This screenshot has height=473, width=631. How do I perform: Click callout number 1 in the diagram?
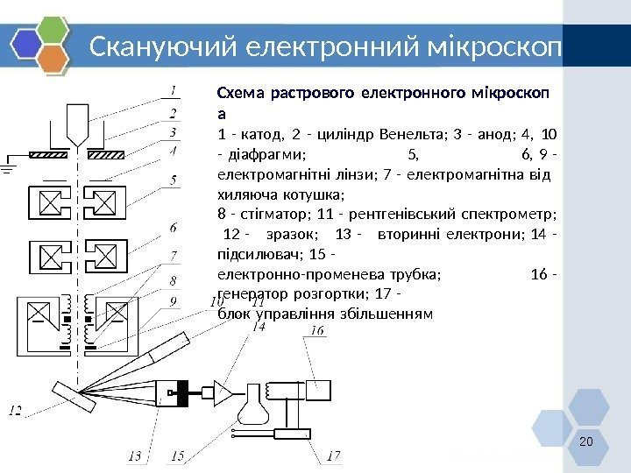click(174, 90)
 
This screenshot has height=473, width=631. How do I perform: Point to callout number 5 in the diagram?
click(174, 180)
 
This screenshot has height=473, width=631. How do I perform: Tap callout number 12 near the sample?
click(17, 409)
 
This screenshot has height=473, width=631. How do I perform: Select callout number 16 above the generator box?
click(317, 331)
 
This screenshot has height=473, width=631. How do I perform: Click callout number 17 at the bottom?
click(334, 455)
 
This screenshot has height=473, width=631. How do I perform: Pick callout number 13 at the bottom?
click(134, 455)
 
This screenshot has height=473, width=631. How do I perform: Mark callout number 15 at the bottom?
click(178, 455)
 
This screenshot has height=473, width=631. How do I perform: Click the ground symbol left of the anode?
click(8, 166)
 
